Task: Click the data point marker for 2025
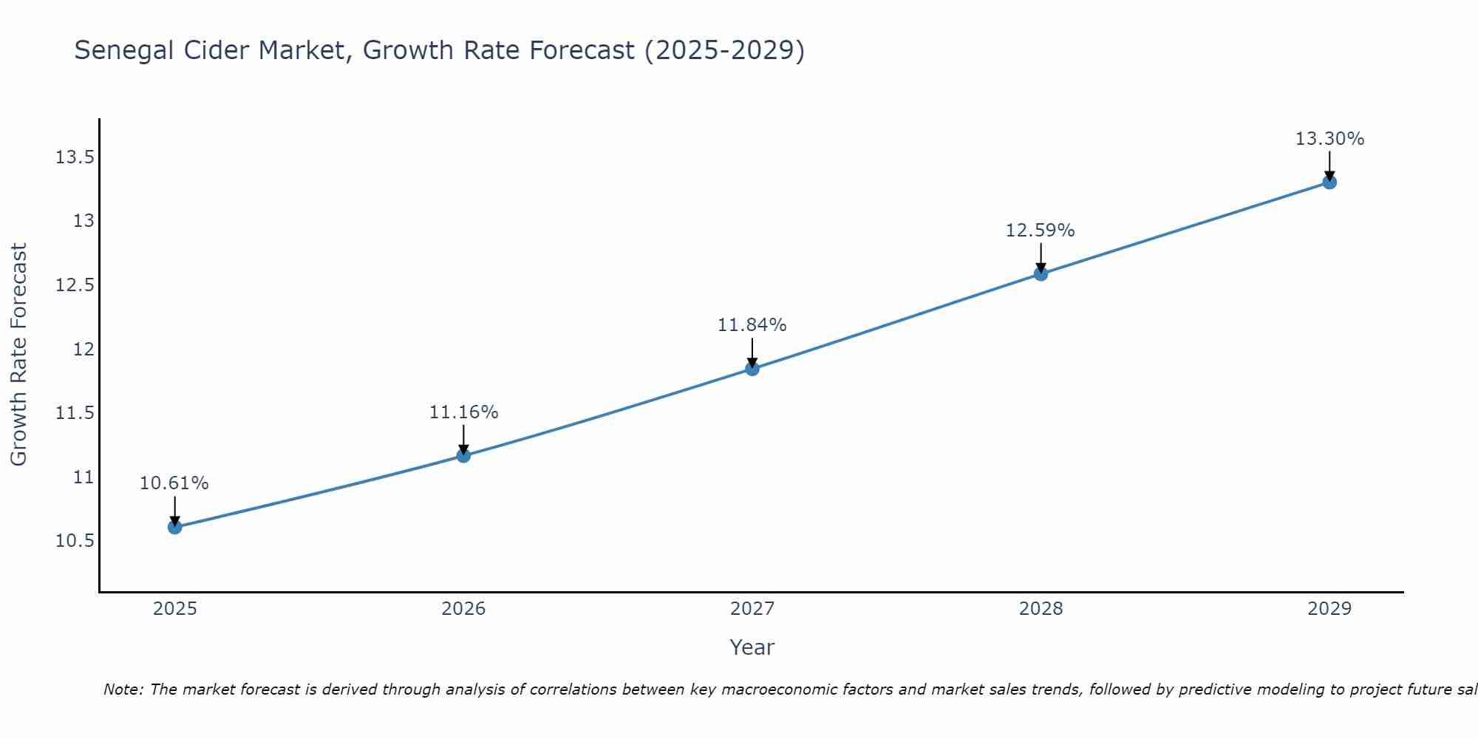[x=175, y=527]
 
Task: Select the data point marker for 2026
[x=463, y=455]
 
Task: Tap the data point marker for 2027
[x=752, y=368]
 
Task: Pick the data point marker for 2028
[x=1041, y=273]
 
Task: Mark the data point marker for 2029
[x=1329, y=182]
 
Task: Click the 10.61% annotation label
[x=174, y=483]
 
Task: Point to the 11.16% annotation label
[x=463, y=412]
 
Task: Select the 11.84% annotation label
[x=752, y=325]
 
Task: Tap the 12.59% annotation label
[x=1040, y=231]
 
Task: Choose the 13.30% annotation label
[x=1329, y=139]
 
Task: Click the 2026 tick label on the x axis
[x=463, y=609]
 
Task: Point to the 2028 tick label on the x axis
[x=1041, y=609]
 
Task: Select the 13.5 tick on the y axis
[x=75, y=157]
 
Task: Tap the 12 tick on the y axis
[x=84, y=349]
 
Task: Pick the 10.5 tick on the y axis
[x=75, y=541]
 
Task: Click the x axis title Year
[x=752, y=647]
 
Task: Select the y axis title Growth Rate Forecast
[x=18, y=354]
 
